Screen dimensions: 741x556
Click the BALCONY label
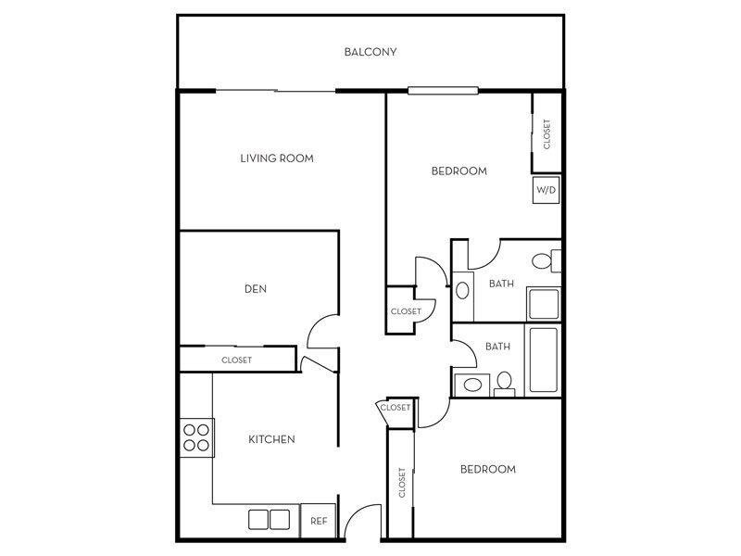pos(370,52)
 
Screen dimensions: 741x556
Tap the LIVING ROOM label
pos(277,158)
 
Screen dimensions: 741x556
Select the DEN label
pos(256,289)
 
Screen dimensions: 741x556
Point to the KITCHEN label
pos(271,439)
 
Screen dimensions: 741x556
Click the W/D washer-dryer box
pos(546,190)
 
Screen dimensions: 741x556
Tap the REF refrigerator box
pos(319,521)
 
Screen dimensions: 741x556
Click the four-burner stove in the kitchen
pos(197,437)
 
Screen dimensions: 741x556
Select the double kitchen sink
pos(269,520)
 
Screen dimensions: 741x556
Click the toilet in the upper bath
pos(546,261)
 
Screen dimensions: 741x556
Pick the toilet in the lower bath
pos(504,384)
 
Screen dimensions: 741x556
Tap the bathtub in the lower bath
pos(543,360)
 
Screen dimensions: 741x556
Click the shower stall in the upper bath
pos(544,304)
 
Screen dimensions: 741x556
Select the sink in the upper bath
pos(462,290)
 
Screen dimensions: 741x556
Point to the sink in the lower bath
pos(472,385)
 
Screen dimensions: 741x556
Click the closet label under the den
pos(236,360)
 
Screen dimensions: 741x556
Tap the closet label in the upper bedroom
pos(546,134)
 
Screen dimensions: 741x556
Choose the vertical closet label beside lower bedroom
pos(402,483)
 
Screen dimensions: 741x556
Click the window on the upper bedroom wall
pos(444,91)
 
